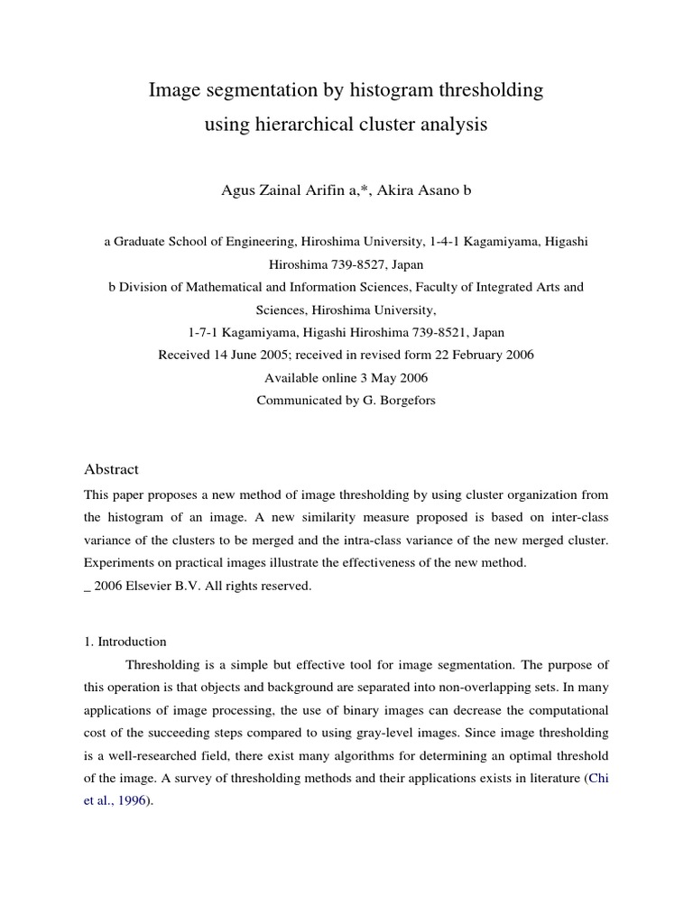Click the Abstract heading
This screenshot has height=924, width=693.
pyautogui.click(x=111, y=469)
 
